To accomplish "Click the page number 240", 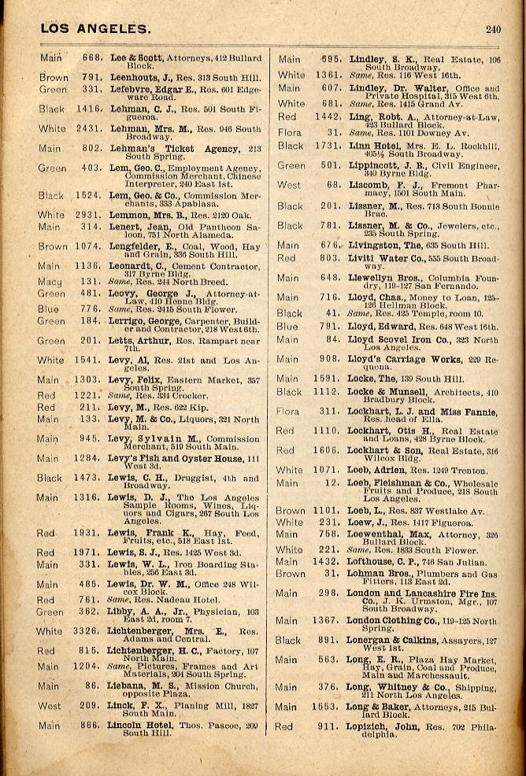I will (493, 30).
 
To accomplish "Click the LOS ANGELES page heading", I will (94, 29).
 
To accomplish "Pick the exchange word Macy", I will (50, 281).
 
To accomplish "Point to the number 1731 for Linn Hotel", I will (325, 146).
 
